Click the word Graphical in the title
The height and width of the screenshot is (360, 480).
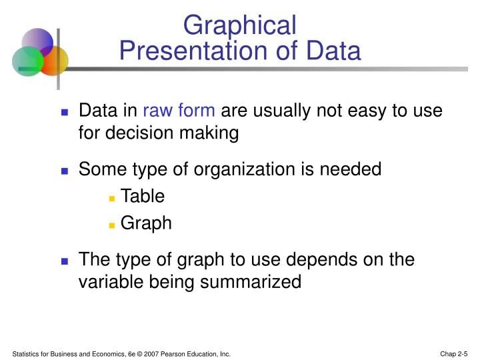[x=240, y=25]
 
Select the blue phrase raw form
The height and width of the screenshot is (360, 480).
[x=179, y=111]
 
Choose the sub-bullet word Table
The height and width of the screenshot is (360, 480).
[x=143, y=196]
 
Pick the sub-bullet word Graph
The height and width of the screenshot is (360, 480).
[x=146, y=223]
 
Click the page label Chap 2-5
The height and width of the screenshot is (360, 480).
[x=454, y=353]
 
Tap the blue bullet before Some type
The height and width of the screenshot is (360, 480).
[x=65, y=171]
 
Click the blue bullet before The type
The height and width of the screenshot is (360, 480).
[x=65, y=260]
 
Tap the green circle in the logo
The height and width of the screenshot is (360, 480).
[x=27, y=62]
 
